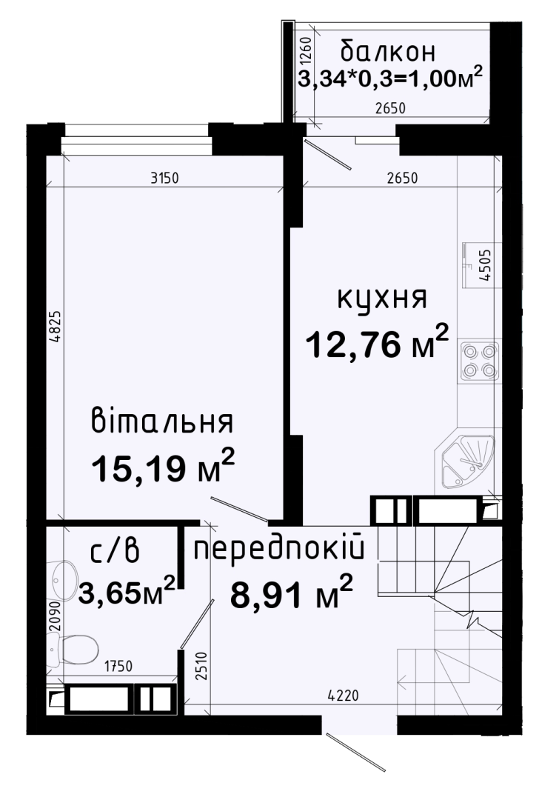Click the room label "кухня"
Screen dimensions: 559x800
(382, 299)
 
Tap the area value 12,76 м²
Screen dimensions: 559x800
(377, 343)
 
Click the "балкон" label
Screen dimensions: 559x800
(388, 51)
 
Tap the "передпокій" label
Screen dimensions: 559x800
(279, 549)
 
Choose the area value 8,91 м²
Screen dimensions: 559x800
(292, 593)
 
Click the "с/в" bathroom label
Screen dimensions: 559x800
(116, 553)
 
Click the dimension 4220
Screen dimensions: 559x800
(344, 694)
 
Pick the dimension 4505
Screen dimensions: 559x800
(486, 265)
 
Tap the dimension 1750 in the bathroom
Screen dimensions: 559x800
(118, 666)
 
